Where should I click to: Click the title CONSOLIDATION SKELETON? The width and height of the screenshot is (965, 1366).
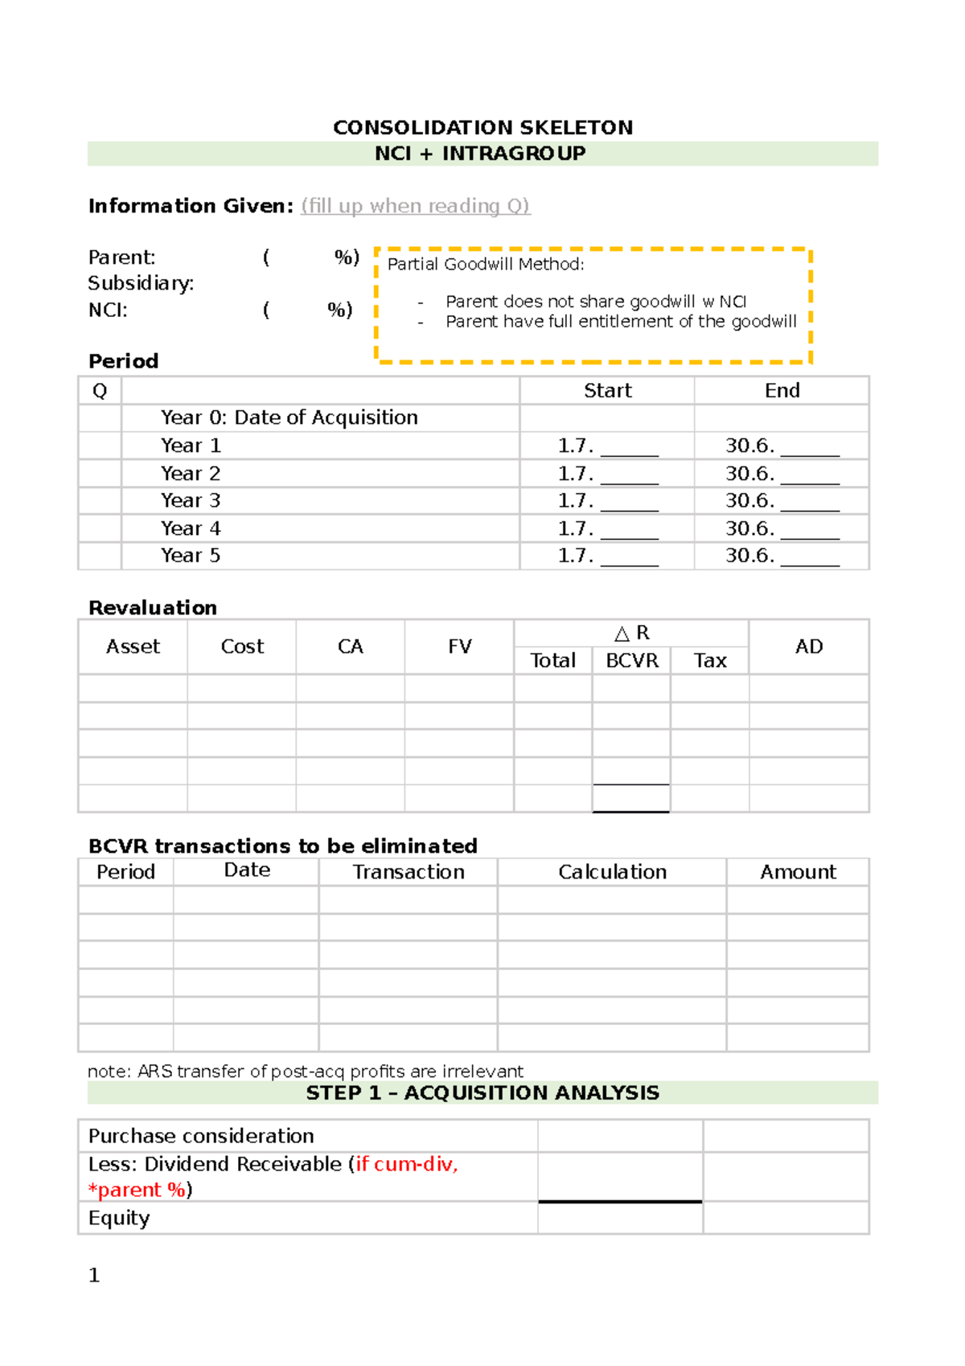(482, 128)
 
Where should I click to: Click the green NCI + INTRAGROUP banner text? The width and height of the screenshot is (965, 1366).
(480, 154)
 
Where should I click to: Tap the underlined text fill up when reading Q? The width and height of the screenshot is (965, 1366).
(415, 206)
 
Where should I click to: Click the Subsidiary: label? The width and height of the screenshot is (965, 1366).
(141, 283)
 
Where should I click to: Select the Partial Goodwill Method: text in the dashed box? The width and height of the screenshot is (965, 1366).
(486, 265)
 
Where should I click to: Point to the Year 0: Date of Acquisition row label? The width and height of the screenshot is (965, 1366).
(289, 418)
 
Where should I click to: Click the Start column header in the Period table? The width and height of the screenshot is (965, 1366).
(607, 391)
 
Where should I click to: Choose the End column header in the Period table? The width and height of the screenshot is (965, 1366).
(782, 391)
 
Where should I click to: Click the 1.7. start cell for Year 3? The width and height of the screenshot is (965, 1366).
(607, 501)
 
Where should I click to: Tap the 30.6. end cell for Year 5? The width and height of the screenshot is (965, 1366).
(782, 556)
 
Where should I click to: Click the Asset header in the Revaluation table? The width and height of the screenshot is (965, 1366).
(133, 647)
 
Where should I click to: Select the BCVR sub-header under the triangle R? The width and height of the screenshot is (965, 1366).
(631, 660)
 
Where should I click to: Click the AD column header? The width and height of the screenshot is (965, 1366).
(808, 647)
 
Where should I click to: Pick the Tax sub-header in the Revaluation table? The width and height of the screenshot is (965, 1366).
(710, 660)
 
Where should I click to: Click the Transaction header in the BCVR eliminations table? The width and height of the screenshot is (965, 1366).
(409, 872)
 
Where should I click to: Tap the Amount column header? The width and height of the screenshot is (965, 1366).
(798, 872)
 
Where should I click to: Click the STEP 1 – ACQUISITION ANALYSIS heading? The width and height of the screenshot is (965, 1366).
(482, 1093)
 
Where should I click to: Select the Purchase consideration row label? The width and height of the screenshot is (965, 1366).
(201, 1136)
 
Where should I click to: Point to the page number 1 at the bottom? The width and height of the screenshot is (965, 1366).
(94, 1275)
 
